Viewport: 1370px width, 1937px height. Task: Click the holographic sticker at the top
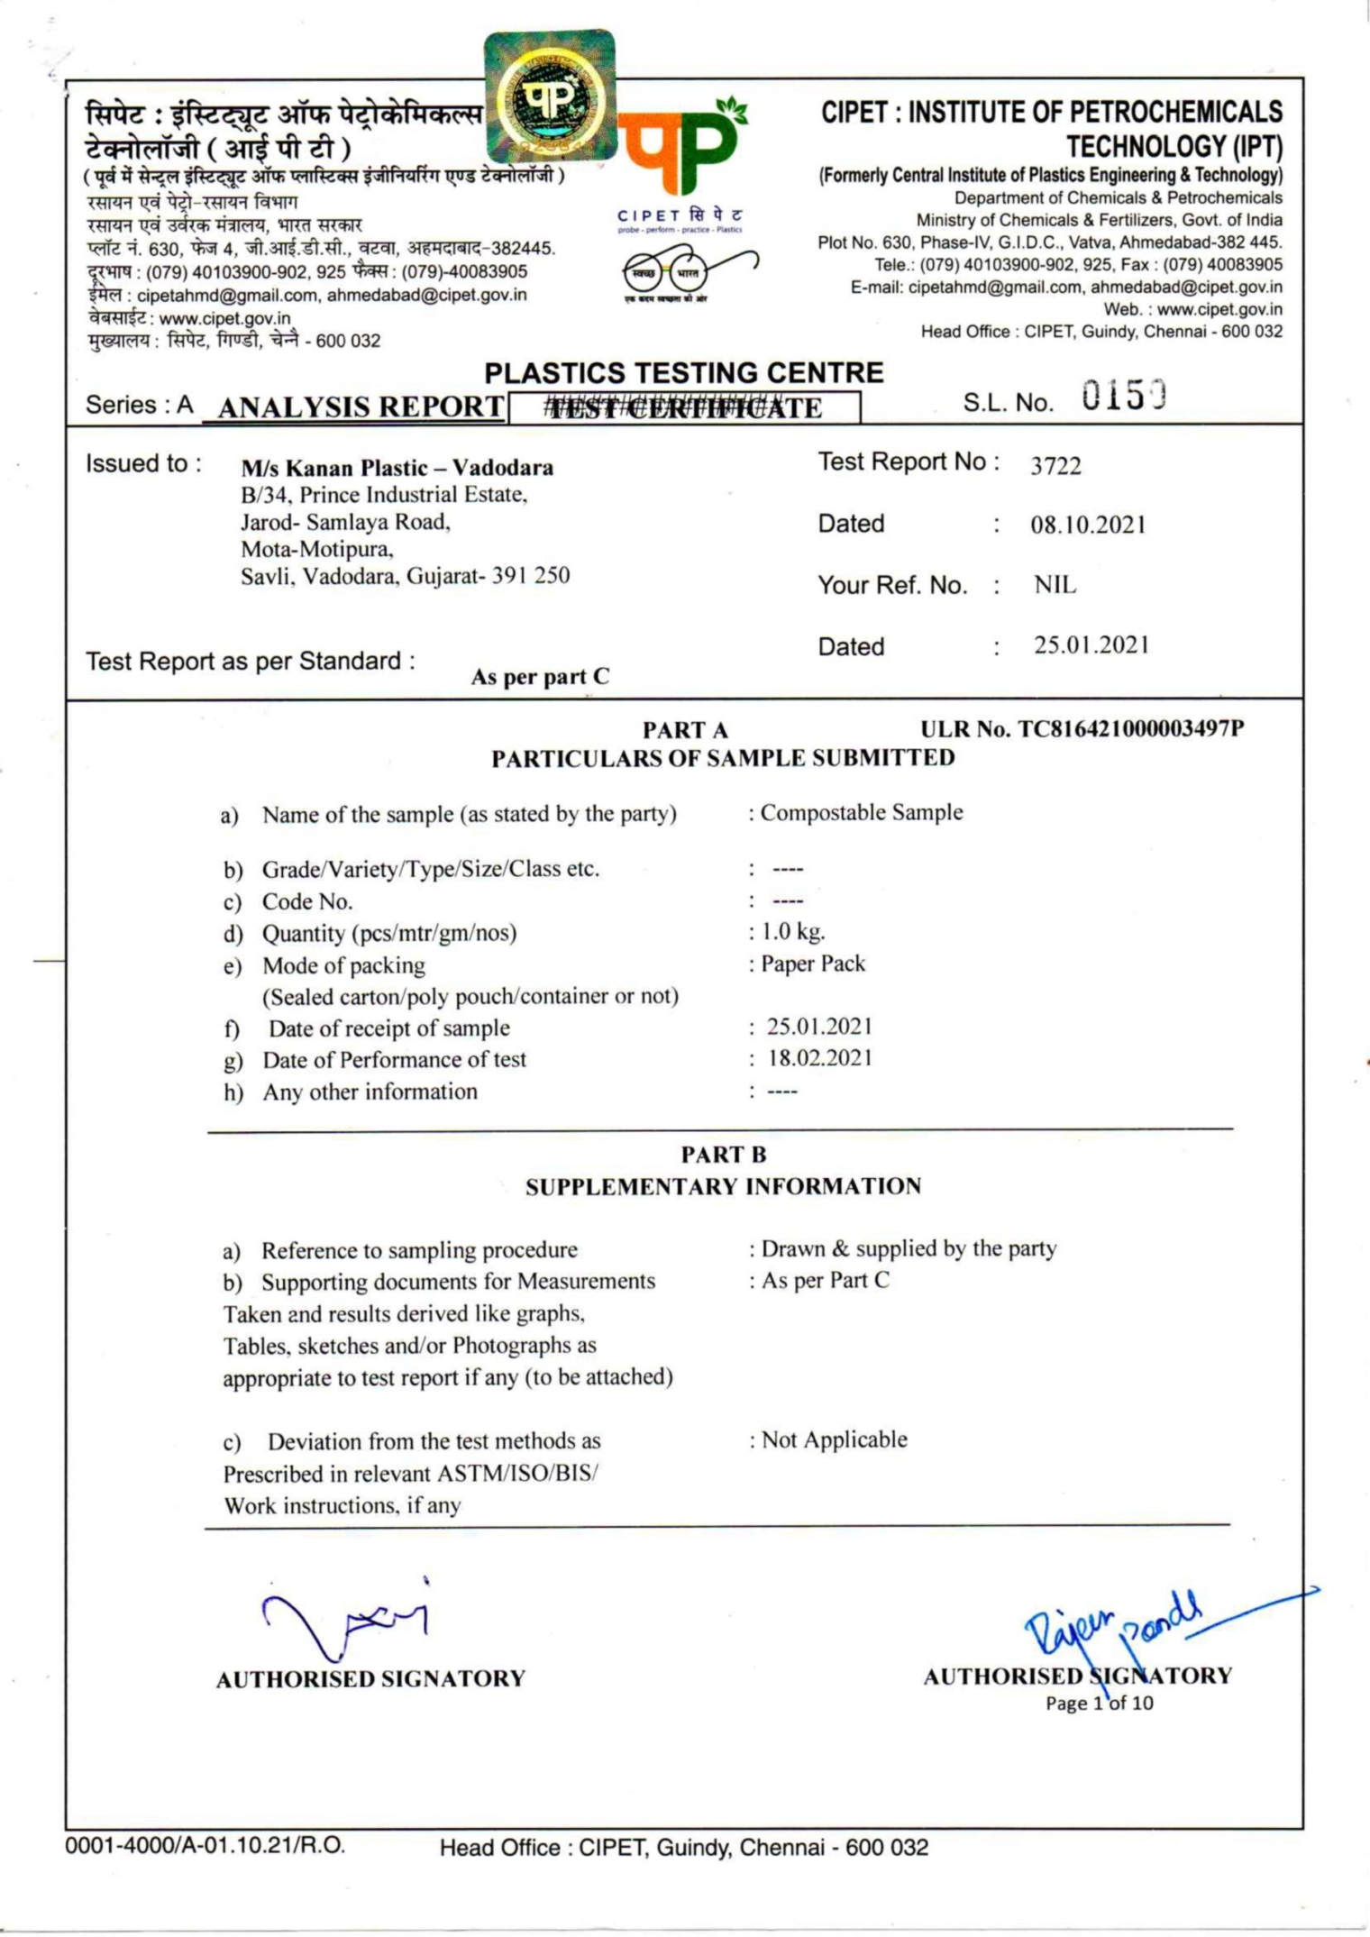point(550,96)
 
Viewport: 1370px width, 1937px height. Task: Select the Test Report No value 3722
point(1055,466)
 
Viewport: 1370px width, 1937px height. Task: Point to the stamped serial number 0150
point(1124,397)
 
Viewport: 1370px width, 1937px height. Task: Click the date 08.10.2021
point(1088,525)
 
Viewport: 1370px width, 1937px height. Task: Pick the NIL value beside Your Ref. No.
point(1055,586)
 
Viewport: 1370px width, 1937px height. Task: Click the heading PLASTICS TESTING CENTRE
point(684,373)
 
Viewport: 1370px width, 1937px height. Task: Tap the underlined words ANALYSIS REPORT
point(361,407)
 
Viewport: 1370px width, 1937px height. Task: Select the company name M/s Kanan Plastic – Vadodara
point(397,468)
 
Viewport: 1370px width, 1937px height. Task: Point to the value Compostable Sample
point(861,813)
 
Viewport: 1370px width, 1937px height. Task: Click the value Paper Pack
point(812,964)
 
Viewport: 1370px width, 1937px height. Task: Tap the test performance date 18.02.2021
point(819,1058)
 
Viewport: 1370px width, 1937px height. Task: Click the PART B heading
point(723,1155)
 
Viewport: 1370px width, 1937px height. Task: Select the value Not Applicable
point(834,1440)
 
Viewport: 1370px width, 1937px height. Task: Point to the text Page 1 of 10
point(1099,1704)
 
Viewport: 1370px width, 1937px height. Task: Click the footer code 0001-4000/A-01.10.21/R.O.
point(205,1845)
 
